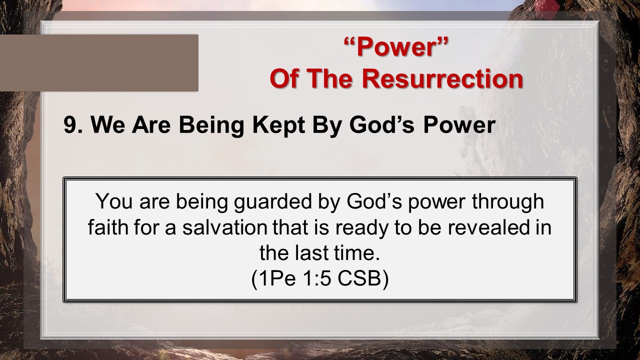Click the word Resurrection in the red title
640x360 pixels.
(x=442, y=78)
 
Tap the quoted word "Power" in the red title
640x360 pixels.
(x=396, y=47)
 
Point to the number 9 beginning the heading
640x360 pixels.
(x=70, y=125)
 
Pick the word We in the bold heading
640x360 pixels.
(x=107, y=125)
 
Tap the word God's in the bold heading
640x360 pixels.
(x=381, y=125)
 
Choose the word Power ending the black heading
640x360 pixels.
(x=459, y=125)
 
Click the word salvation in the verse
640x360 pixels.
(x=225, y=227)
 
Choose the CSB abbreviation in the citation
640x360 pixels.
(x=359, y=279)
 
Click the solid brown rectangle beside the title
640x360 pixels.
(x=99, y=63)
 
